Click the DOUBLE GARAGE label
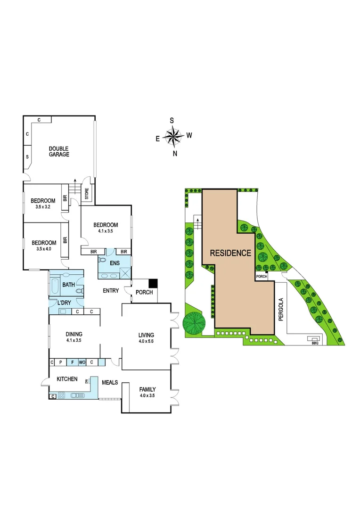click(x=59, y=151)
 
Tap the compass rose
click(x=174, y=136)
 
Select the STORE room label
click(x=87, y=194)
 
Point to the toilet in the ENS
click(x=103, y=259)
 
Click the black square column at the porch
click(x=153, y=283)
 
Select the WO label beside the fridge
click(x=82, y=362)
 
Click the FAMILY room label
click(x=147, y=389)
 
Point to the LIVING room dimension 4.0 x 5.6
click(x=147, y=341)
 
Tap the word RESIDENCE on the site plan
click(x=230, y=253)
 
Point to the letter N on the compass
click(x=175, y=153)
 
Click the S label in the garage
click(x=27, y=156)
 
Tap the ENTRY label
click(x=111, y=291)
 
